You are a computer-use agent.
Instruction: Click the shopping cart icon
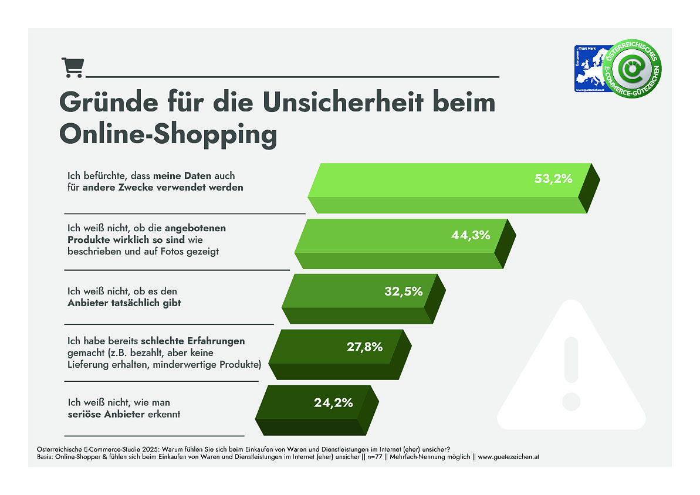[72, 68]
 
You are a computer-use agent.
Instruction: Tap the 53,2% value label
[553, 179]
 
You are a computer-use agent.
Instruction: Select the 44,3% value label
[471, 235]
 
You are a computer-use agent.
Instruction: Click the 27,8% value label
[364, 347]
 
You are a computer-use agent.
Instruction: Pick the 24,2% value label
[333, 402]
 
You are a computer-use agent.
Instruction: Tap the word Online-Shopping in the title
[168, 134]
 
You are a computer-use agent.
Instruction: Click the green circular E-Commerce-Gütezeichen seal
[633, 70]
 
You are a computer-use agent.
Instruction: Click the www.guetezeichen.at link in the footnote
[505, 456]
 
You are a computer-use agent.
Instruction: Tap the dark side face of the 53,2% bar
[589, 188]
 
